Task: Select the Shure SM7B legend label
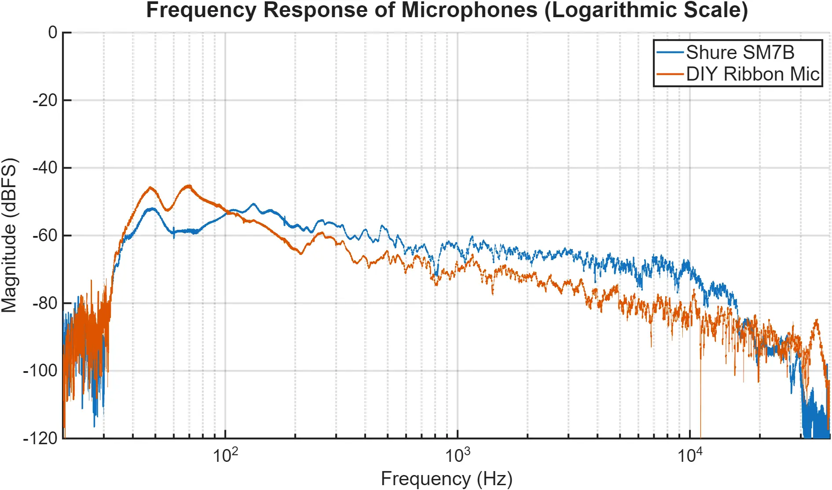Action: point(740,52)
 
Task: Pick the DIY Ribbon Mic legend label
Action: point(752,74)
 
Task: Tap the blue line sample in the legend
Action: point(670,52)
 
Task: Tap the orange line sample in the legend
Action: point(670,74)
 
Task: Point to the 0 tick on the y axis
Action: point(53,33)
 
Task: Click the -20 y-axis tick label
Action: point(45,100)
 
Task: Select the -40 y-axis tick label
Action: point(45,168)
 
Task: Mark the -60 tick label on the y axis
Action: point(45,236)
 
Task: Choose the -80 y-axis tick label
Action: point(45,303)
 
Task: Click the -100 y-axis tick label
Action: point(40,371)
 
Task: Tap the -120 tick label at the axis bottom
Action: point(40,438)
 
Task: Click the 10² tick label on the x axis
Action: point(225,455)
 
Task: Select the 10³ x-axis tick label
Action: point(458,455)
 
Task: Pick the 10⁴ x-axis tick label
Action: point(689,455)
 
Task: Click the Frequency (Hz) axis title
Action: point(446,479)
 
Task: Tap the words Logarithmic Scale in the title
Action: point(646,11)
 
